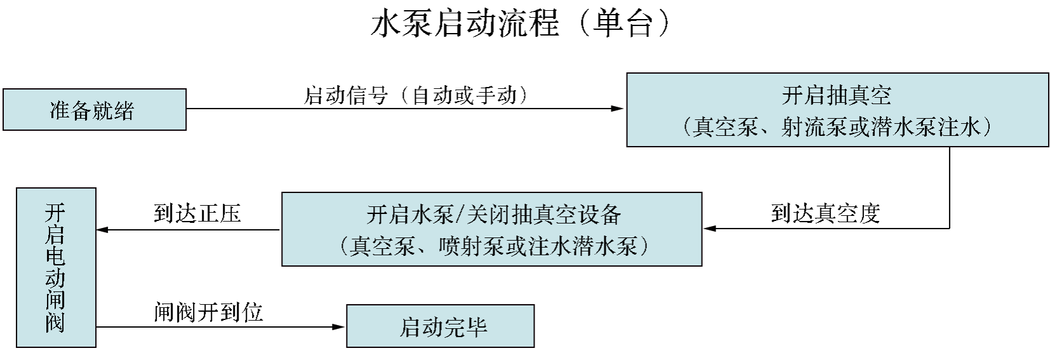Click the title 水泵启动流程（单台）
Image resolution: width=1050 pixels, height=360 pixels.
pos(521,23)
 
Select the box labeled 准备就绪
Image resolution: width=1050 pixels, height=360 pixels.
pos(95,110)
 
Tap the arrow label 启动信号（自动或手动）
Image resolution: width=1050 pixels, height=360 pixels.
pos(416,95)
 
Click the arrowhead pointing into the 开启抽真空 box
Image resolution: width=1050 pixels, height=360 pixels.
pos(617,109)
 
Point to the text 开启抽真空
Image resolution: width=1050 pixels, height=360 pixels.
pos(836,96)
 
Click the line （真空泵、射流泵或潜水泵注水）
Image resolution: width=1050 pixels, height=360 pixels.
pos(837,126)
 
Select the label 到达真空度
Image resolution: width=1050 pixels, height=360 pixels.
pos(825,213)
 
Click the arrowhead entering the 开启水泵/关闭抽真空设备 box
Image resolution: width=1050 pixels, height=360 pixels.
pos(710,229)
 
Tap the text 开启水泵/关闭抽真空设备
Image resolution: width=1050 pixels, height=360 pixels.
pos(494,215)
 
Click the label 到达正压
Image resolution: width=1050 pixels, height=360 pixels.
pos(197,213)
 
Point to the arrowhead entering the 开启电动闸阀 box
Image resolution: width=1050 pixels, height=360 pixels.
pos(103,230)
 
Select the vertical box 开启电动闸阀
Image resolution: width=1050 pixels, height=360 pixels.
pos(56,268)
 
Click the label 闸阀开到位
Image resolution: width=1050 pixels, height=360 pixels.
pos(209,312)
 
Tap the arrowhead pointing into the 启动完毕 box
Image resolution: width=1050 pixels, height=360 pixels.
pos(339,327)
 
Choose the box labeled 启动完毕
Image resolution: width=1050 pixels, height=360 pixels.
pos(441,326)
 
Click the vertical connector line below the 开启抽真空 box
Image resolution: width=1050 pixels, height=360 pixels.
pos(950,187)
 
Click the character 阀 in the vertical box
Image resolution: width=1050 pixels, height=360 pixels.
pos(55,323)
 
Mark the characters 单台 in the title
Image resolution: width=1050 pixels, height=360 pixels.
pos(623,23)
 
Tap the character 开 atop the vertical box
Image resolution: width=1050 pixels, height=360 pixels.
pos(55,213)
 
